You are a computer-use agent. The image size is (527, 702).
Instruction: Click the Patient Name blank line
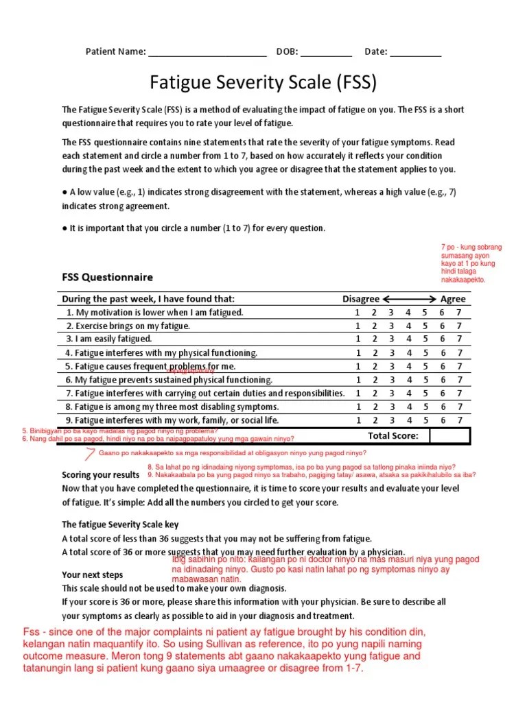207,53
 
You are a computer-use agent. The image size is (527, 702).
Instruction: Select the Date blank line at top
416,53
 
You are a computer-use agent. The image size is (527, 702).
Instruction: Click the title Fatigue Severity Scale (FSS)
263,83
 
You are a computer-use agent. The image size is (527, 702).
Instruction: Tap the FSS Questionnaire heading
108,278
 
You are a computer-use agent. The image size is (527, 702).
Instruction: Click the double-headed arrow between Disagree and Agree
410,299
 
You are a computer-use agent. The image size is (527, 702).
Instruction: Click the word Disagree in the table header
361,299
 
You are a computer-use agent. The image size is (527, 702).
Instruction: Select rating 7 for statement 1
459,313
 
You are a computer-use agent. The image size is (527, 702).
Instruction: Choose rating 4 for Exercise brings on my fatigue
408,326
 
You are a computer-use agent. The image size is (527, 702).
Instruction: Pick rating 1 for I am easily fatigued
358,339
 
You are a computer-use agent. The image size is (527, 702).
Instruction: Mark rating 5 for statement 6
425,380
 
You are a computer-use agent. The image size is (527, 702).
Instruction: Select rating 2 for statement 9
375,420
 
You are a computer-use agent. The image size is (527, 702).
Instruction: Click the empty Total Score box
449,435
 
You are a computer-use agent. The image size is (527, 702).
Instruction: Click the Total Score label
393,435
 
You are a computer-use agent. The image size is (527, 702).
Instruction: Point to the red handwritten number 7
89,453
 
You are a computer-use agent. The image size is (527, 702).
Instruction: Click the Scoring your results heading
101,475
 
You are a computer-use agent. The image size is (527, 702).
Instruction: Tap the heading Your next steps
93,574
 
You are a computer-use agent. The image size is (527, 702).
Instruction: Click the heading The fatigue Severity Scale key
120,524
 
